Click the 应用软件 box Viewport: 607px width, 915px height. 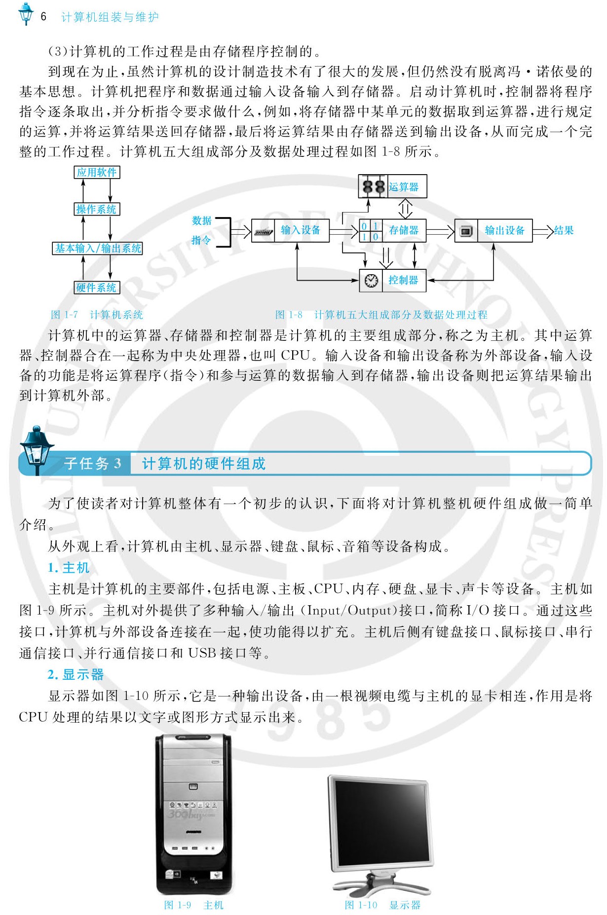tap(97, 172)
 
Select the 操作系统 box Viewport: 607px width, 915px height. tap(97, 209)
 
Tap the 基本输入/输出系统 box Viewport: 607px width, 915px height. tap(98, 248)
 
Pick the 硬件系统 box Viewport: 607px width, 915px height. tap(97, 288)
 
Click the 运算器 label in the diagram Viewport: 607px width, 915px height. tap(403, 187)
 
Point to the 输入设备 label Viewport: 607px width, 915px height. tap(301, 230)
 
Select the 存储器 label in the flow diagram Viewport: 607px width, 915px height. tap(403, 230)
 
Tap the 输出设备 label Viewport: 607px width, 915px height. tap(504, 230)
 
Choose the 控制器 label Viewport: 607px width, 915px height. tap(403, 280)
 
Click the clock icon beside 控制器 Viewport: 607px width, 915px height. tap(371, 280)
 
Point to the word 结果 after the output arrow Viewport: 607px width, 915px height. tap(564, 230)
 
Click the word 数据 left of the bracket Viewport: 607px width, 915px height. tap(202, 220)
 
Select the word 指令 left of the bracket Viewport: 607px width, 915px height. tap(201, 240)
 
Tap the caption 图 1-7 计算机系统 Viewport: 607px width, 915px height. tap(97, 315)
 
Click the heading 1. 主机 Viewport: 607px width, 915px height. tap(69, 568)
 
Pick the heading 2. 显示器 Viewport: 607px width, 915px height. tap(76, 674)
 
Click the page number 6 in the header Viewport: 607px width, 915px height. tap(43, 17)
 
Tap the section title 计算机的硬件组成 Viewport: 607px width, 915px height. tap(204, 464)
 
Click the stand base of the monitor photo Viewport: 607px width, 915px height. tap(381, 887)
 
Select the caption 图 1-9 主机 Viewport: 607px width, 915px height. tap(193, 905)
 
